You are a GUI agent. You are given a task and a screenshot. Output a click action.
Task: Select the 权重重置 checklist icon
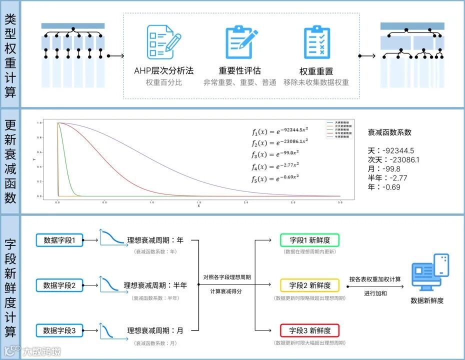coord(316,42)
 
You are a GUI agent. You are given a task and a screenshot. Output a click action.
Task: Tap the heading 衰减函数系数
coord(390,132)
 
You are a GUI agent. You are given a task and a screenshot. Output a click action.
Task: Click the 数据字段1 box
coord(59,240)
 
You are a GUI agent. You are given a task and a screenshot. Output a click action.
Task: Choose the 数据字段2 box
coord(59,285)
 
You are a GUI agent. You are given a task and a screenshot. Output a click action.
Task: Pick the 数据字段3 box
coord(59,330)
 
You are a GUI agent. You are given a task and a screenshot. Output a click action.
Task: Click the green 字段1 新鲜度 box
coord(310,240)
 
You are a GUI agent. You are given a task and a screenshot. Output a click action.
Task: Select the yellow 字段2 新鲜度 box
coord(310,285)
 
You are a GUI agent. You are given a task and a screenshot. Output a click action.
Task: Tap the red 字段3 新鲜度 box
coord(310,330)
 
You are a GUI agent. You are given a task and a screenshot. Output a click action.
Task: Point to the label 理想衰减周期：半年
coord(155,285)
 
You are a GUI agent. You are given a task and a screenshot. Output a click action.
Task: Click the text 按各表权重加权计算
coord(375,279)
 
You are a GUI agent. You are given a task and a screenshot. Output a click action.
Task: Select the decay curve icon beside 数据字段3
coord(111,330)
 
